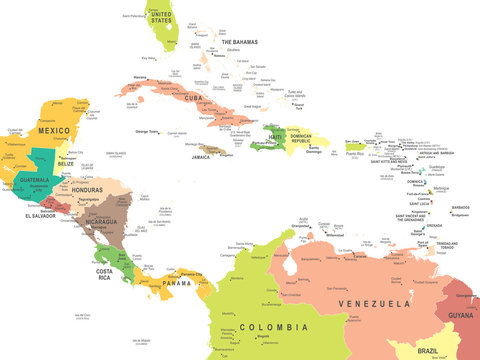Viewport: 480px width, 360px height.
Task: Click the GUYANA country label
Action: pyautogui.click(x=459, y=314)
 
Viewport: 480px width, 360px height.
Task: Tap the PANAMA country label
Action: pyautogui.click(x=176, y=284)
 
